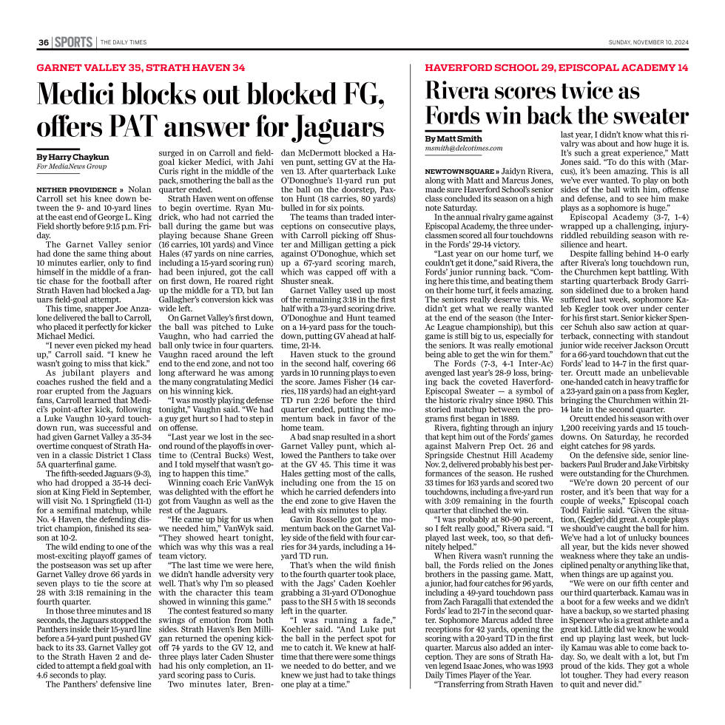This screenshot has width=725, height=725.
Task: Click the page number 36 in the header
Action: pyautogui.click(x=44, y=42)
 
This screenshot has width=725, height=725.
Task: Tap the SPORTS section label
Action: pyautogui.click(x=74, y=42)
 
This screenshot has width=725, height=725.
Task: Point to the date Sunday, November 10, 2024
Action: pyautogui.click(x=648, y=42)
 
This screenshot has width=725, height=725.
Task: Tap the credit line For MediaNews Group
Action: pyautogui.click(x=71, y=166)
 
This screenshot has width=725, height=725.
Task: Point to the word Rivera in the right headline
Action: pyautogui.click(x=464, y=91)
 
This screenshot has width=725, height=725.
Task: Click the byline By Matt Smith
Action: pyautogui.click(x=453, y=138)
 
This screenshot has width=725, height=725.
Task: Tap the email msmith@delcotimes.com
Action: pyautogui.click(x=463, y=148)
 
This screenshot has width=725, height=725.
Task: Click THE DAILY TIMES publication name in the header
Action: pyautogui.click(x=124, y=42)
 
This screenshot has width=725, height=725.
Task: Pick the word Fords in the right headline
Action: pyautogui.click(x=459, y=116)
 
